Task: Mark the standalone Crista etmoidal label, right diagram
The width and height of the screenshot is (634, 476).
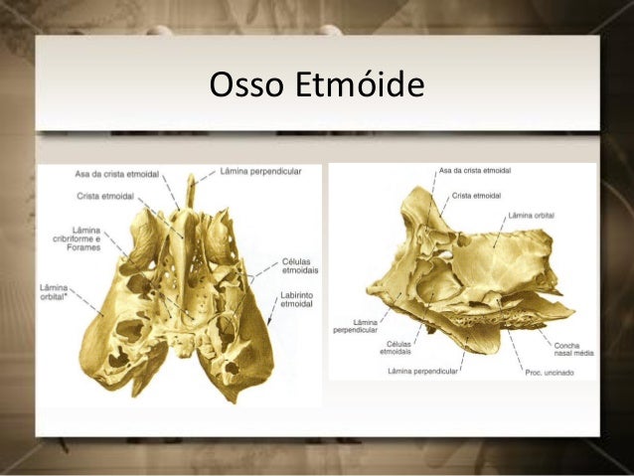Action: click(x=479, y=196)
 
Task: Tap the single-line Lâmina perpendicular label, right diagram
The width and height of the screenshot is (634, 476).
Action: click(x=428, y=372)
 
